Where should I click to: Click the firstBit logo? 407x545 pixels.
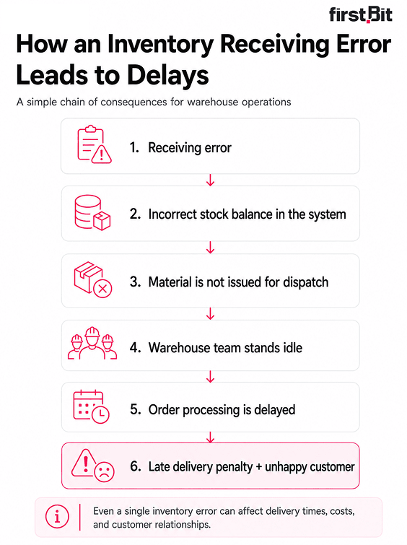point(360,14)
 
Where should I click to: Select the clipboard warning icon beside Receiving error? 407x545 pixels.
point(95,144)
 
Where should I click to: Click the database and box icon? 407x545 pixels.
point(92,212)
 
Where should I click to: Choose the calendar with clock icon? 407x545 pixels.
point(92,406)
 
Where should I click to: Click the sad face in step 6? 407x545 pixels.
point(104,471)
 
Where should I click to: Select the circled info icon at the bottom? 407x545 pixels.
point(57,517)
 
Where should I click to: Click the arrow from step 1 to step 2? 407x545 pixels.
point(210,180)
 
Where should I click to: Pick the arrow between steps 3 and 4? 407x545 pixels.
point(210,314)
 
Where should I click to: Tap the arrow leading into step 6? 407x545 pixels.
point(210,437)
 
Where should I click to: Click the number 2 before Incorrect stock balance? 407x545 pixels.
point(135,214)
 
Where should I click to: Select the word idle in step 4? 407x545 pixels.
point(293,348)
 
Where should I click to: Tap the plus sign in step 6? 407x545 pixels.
point(258,467)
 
